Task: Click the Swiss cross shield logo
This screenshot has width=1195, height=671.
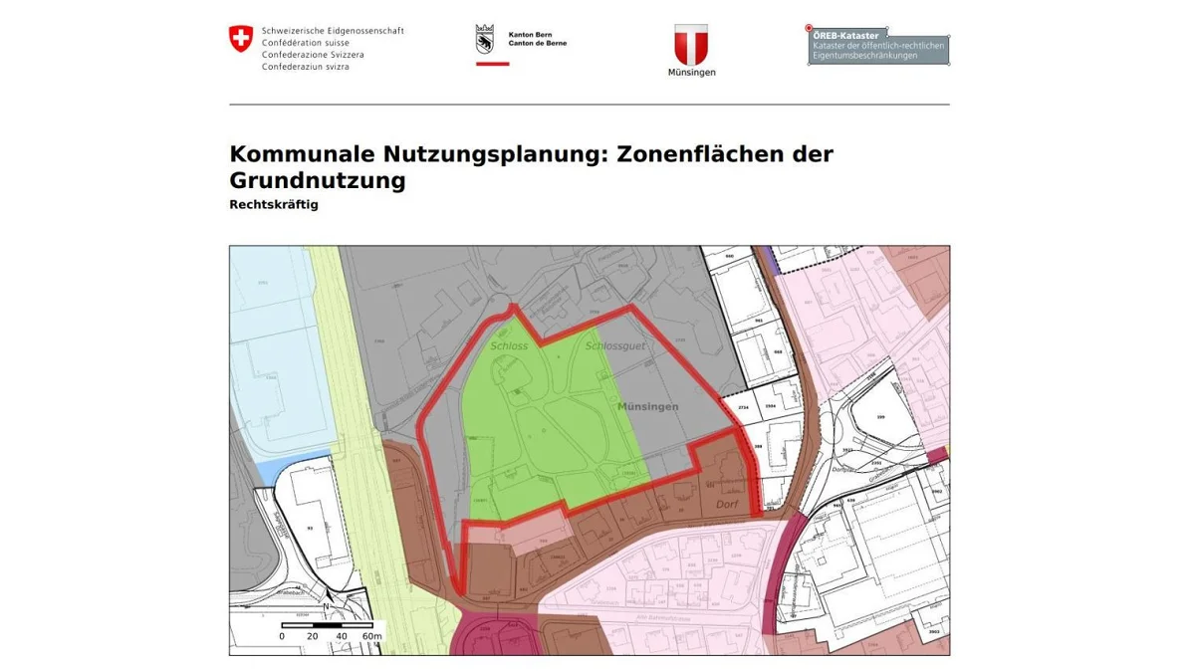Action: point(241,39)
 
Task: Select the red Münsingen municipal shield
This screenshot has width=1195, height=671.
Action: point(691,44)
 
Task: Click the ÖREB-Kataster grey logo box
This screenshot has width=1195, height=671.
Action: point(878,46)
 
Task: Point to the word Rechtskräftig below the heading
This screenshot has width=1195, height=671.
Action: point(274,205)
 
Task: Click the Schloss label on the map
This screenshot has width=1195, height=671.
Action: point(508,346)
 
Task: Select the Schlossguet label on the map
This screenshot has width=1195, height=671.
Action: point(615,346)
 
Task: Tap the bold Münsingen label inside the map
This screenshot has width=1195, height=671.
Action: point(647,407)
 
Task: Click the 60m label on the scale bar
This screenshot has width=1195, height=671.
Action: point(371,636)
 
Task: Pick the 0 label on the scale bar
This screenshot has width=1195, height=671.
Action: point(282,636)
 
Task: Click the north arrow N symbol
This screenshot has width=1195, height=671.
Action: point(326,604)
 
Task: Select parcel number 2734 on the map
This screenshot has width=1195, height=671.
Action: point(743,408)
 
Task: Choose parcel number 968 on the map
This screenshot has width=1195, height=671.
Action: point(778,352)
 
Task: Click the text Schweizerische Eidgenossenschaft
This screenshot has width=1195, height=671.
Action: point(333,31)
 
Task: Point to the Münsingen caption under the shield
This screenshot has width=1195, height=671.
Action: point(691,73)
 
